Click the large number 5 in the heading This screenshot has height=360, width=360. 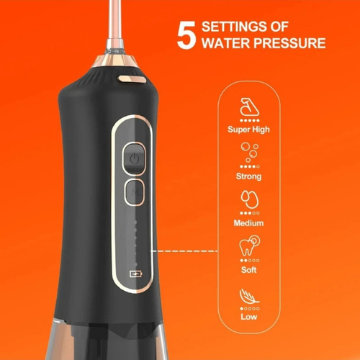(186, 35)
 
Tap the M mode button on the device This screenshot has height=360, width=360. (135, 192)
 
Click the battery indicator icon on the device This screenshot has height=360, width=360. (136, 274)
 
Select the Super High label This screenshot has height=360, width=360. (248, 130)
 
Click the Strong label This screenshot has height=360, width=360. (248, 176)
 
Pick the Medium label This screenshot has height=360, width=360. (248, 223)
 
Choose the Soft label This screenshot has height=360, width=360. (248, 270)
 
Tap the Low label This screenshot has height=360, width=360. (249, 317)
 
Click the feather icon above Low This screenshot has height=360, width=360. (249, 297)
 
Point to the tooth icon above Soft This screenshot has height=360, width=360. (249, 246)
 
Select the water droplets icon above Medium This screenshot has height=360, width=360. (250, 199)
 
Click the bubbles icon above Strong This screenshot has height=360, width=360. (250, 153)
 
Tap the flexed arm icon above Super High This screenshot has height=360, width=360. (250, 107)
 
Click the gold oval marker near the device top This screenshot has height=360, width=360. (131, 79)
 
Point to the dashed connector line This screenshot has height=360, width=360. (184, 251)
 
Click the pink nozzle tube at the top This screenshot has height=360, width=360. (115, 22)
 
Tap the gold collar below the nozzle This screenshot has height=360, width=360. (114, 61)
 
